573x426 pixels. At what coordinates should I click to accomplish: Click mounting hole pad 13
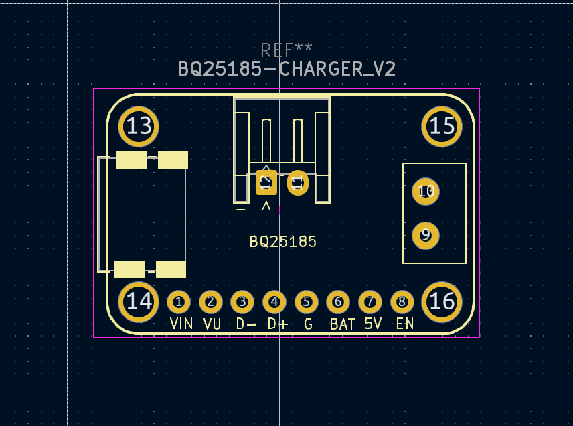point(139,126)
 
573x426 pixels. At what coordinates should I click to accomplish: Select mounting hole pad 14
point(139,301)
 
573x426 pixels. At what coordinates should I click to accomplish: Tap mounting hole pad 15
point(442,126)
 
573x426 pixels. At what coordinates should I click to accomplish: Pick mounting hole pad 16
point(442,301)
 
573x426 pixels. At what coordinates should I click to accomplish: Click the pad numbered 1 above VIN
point(179,302)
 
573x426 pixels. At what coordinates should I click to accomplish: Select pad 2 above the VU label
point(211,302)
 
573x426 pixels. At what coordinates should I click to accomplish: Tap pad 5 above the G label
point(307,302)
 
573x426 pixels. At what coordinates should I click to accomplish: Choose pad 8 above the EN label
point(402,302)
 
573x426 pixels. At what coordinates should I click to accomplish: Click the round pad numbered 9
point(426,235)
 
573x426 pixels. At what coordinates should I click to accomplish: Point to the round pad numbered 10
point(426,192)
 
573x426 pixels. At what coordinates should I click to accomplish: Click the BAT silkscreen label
point(342,324)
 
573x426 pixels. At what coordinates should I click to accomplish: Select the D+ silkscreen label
point(277,324)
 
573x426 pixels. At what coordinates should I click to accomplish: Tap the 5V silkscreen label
point(373,324)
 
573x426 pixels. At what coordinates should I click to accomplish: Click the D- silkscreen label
point(246,324)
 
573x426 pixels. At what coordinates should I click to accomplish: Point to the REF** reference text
point(286,50)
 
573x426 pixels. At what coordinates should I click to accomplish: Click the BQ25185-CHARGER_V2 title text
point(286,69)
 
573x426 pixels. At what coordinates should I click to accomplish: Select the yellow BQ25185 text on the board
point(282,242)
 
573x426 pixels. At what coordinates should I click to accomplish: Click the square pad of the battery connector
point(266,182)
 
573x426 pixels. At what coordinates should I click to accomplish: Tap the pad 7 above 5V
point(370,302)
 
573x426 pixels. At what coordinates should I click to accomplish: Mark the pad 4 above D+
point(274,302)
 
